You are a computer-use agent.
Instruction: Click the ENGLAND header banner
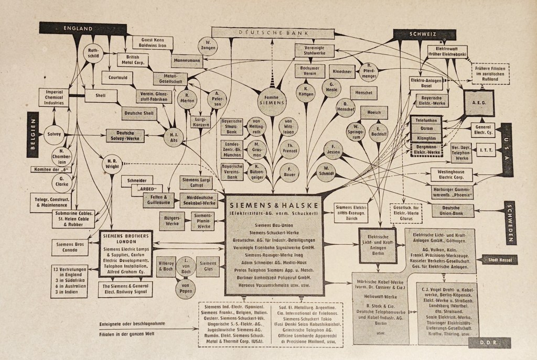78,28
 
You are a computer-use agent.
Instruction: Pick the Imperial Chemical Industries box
53,97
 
